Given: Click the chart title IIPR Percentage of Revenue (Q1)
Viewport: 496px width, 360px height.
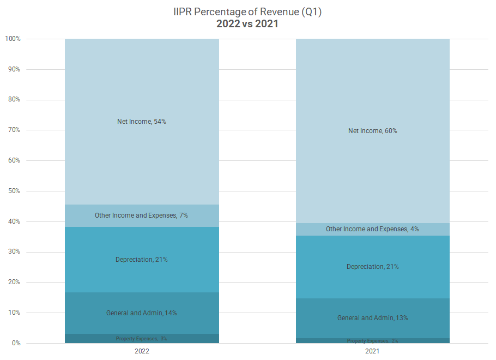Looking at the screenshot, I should tap(247, 12).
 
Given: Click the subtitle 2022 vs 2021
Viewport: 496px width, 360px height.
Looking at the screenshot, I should tap(247, 24).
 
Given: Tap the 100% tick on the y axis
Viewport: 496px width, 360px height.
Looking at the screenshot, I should tap(13, 39).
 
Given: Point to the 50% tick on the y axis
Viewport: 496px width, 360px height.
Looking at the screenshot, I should tap(14, 191).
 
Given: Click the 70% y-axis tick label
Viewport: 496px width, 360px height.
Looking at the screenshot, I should tap(14, 130).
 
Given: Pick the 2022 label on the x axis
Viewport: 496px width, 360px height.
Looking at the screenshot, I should tap(142, 352).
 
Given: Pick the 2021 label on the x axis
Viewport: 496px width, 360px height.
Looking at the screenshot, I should tap(372, 352).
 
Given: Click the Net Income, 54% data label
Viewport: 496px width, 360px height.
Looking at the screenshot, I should tap(142, 122).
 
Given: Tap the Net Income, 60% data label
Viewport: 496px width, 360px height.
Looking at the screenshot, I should tap(372, 131).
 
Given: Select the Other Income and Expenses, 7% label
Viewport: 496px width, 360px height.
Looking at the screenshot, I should tap(142, 215).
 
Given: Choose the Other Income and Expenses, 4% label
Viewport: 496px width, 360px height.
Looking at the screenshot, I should tap(372, 229).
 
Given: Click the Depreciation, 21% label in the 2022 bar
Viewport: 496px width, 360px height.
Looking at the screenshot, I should tap(142, 260).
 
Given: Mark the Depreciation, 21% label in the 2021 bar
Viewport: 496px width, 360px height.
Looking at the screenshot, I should tap(372, 267).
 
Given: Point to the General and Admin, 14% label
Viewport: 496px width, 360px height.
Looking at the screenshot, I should tap(142, 313).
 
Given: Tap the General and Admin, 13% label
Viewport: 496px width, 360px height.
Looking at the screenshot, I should tap(372, 318).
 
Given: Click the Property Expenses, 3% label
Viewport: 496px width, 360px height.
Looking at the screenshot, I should tap(142, 339).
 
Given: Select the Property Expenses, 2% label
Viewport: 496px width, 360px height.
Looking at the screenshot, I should tap(372, 341).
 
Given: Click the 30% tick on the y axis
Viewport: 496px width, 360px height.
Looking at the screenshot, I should tap(14, 252).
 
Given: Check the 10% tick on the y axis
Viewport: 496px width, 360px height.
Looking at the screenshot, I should tap(14, 313).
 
